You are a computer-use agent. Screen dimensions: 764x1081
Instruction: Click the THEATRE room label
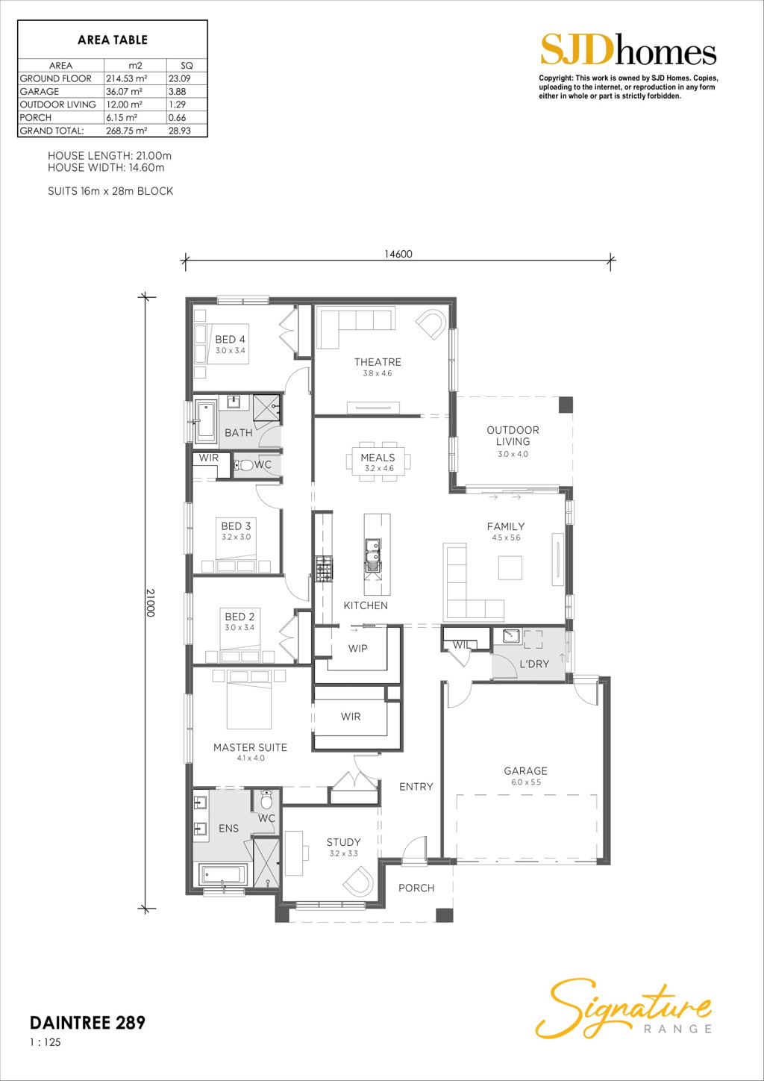coord(378,362)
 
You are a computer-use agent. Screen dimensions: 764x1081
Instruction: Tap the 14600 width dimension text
coord(398,255)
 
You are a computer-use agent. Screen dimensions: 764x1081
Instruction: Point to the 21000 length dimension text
coord(150,602)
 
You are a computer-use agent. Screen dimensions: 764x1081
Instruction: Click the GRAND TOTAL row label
coord(51,131)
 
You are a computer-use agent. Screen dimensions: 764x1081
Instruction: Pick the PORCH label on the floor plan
coord(416,888)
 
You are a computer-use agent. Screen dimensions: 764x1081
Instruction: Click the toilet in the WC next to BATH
coord(244,465)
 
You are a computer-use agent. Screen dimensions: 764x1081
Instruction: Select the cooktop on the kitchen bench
coord(324,568)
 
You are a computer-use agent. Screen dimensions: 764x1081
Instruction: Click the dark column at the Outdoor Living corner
coord(566,405)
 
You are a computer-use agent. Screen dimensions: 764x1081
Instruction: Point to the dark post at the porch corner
coord(444,915)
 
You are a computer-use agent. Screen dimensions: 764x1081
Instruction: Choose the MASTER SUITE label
coord(251,747)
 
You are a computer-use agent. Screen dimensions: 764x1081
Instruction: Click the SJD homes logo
coord(628,50)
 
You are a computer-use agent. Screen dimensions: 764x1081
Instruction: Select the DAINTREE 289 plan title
coord(87,1023)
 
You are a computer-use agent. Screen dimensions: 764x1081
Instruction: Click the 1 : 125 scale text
coord(46,1042)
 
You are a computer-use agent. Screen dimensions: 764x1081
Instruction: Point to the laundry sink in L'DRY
coord(512,636)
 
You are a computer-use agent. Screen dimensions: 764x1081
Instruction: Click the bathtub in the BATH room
coord(206,420)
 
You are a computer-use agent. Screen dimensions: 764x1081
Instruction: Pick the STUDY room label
coord(343,842)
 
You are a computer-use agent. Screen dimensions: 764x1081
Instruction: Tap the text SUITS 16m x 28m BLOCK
coord(110,191)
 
